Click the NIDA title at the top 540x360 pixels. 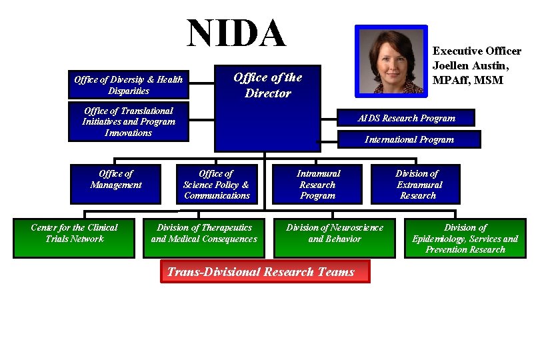(x=237, y=33)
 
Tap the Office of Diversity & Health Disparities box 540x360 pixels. (x=128, y=85)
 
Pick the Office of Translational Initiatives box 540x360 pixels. (x=128, y=121)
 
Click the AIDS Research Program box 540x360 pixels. (x=406, y=118)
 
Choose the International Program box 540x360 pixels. (x=409, y=139)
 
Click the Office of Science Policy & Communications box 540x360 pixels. (x=217, y=184)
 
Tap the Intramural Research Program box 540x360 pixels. (x=317, y=184)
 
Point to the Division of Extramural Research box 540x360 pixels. (x=416, y=184)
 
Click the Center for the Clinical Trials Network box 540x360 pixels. (x=74, y=237)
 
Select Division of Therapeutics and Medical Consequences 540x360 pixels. (x=204, y=237)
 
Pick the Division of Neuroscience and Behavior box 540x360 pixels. (x=334, y=237)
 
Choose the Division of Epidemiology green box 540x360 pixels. (x=465, y=238)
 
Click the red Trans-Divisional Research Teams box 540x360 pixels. (x=265, y=271)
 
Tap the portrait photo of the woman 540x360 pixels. (x=391, y=61)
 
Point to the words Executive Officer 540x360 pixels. (x=477, y=51)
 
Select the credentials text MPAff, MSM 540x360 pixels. (x=467, y=80)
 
